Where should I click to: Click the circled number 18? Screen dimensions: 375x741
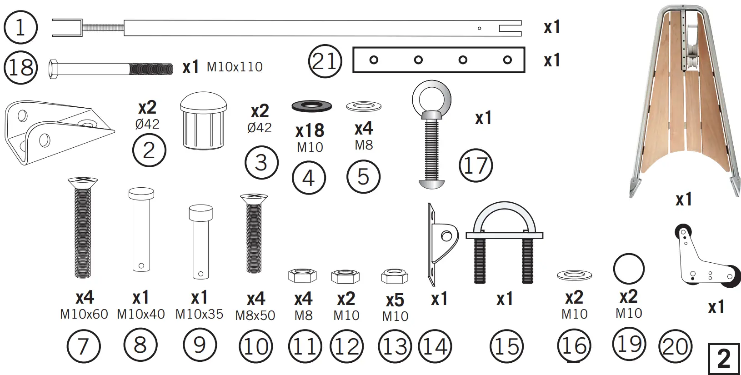click(20, 68)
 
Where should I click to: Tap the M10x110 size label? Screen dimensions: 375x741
click(235, 67)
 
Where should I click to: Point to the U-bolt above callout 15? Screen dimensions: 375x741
click(505, 241)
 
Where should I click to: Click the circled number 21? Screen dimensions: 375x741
click(325, 61)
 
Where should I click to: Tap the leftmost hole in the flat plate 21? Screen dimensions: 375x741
click(374, 60)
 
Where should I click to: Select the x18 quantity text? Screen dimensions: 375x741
click(310, 130)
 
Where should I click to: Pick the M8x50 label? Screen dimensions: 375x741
click(255, 315)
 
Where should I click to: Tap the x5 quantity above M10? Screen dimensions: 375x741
click(395, 300)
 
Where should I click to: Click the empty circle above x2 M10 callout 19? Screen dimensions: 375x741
click(629, 269)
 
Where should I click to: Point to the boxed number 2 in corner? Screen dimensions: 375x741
click(724, 359)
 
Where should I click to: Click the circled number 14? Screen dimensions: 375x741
click(435, 347)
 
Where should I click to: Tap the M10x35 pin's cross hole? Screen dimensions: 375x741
click(200, 274)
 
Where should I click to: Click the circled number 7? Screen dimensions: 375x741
click(83, 347)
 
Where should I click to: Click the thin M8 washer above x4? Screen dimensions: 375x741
click(364, 107)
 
